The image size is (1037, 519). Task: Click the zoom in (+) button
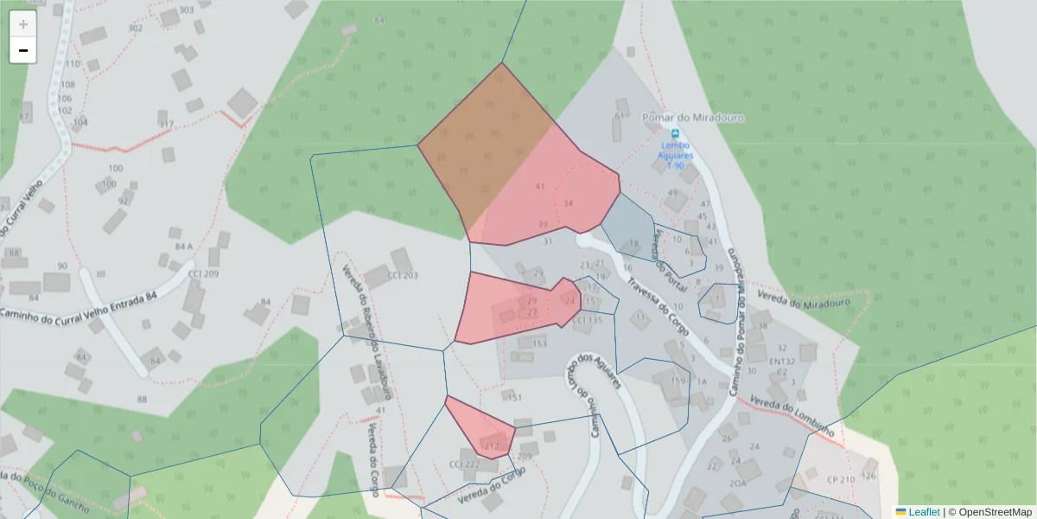(x=23, y=24)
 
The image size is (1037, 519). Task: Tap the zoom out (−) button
(x=23, y=50)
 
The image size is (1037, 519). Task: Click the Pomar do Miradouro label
(x=694, y=117)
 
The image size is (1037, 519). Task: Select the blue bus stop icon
(x=675, y=134)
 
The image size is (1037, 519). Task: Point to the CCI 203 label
(x=403, y=276)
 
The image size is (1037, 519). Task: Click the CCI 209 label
(x=203, y=273)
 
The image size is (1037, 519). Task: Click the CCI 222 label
(x=464, y=465)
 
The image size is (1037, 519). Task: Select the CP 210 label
(x=840, y=479)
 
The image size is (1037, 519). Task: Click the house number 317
(x=166, y=124)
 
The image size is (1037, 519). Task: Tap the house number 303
(x=186, y=10)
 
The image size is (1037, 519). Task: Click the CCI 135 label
(x=587, y=320)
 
